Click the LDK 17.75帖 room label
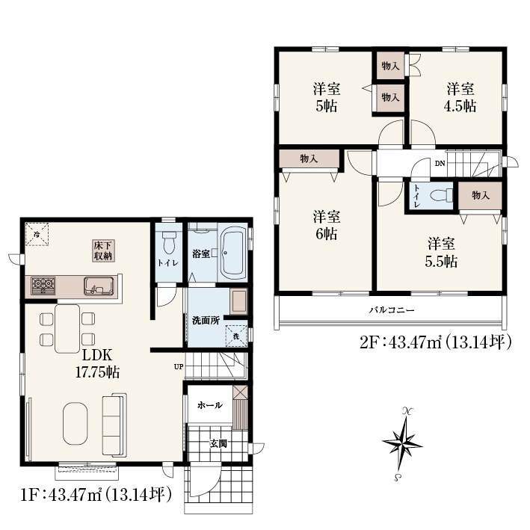pyautogui.click(x=97, y=363)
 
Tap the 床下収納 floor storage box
pyautogui.click(x=104, y=251)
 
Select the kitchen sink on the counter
pyautogui.click(x=99, y=286)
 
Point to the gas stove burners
pyautogui.click(x=43, y=286)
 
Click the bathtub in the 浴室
pyautogui.click(x=232, y=252)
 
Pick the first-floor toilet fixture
pyautogui.click(x=168, y=243)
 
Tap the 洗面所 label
pyautogui.click(x=206, y=321)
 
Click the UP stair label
pyautogui.click(x=179, y=366)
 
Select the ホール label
pyautogui.click(x=210, y=405)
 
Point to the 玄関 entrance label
pyautogui.click(x=218, y=443)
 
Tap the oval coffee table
pyautogui.click(x=75, y=424)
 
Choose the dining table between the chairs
pyautogui.click(x=67, y=329)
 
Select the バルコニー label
pyautogui.click(x=392, y=310)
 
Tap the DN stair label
pyautogui.click(x=440, y=164)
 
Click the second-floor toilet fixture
pyautogui.click(x=442, y=195)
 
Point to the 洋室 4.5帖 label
pyautogui.click(x=460, y=97)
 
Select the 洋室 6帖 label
pyautogui.click(x=327, y=225)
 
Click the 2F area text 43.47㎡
pyautogui.click(x=416, y=342)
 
